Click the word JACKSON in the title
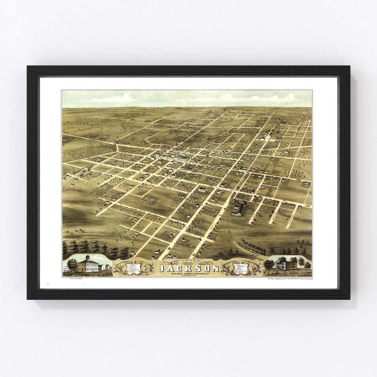pyautogui.click(x=189, y=268)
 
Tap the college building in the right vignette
pyautogui.click(x=286, y=265)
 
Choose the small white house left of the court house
pyautogui.click(x=65, y=269)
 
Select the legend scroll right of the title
pyautogui.click(x=242, y=268)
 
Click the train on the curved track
pyautogui.click(x=251, y=249)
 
